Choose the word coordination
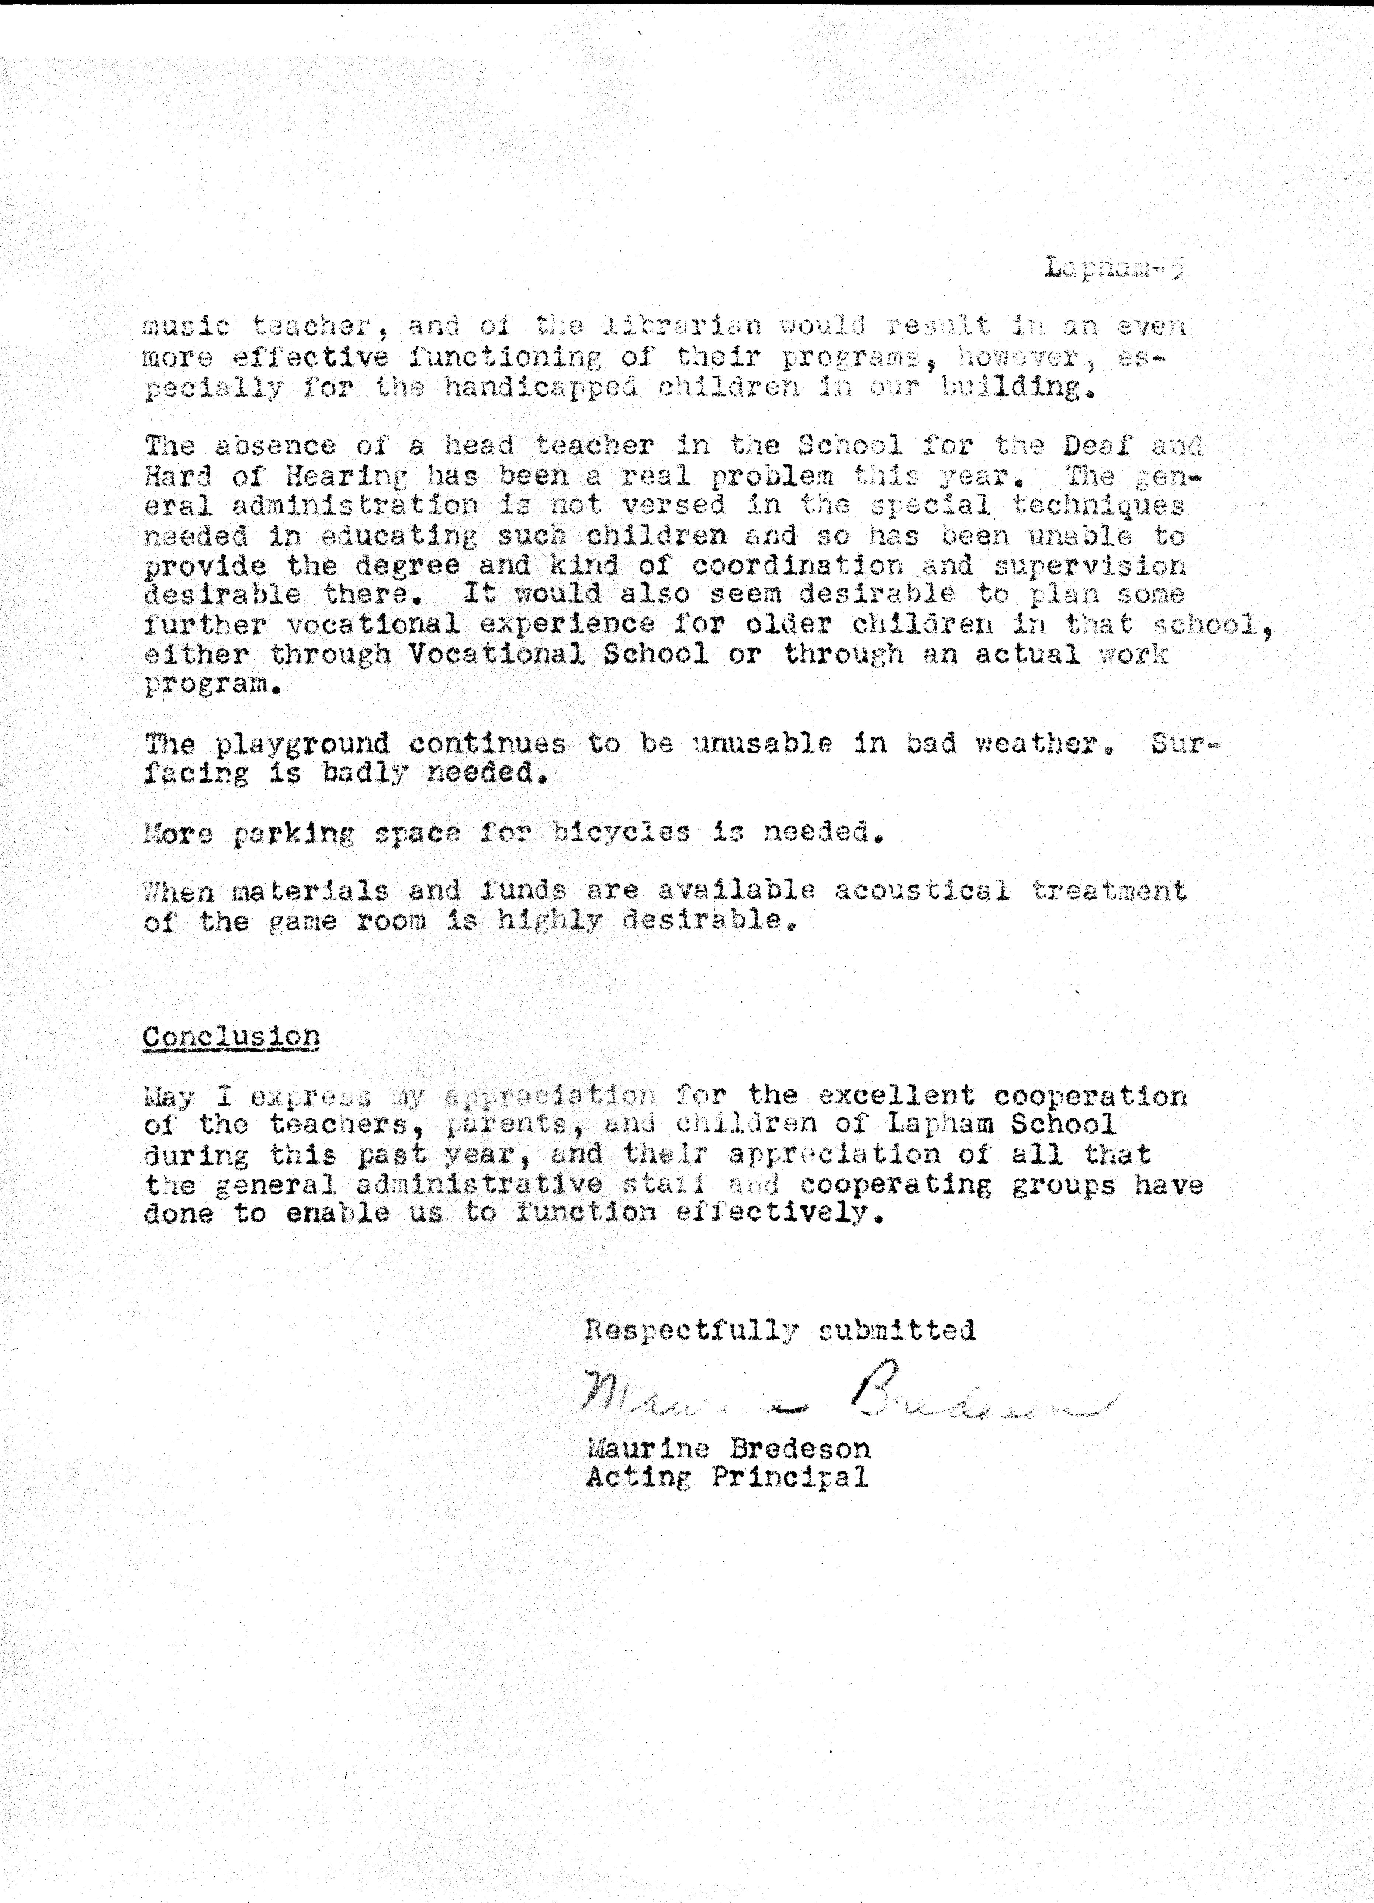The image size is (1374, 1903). click(x=798, y=565)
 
